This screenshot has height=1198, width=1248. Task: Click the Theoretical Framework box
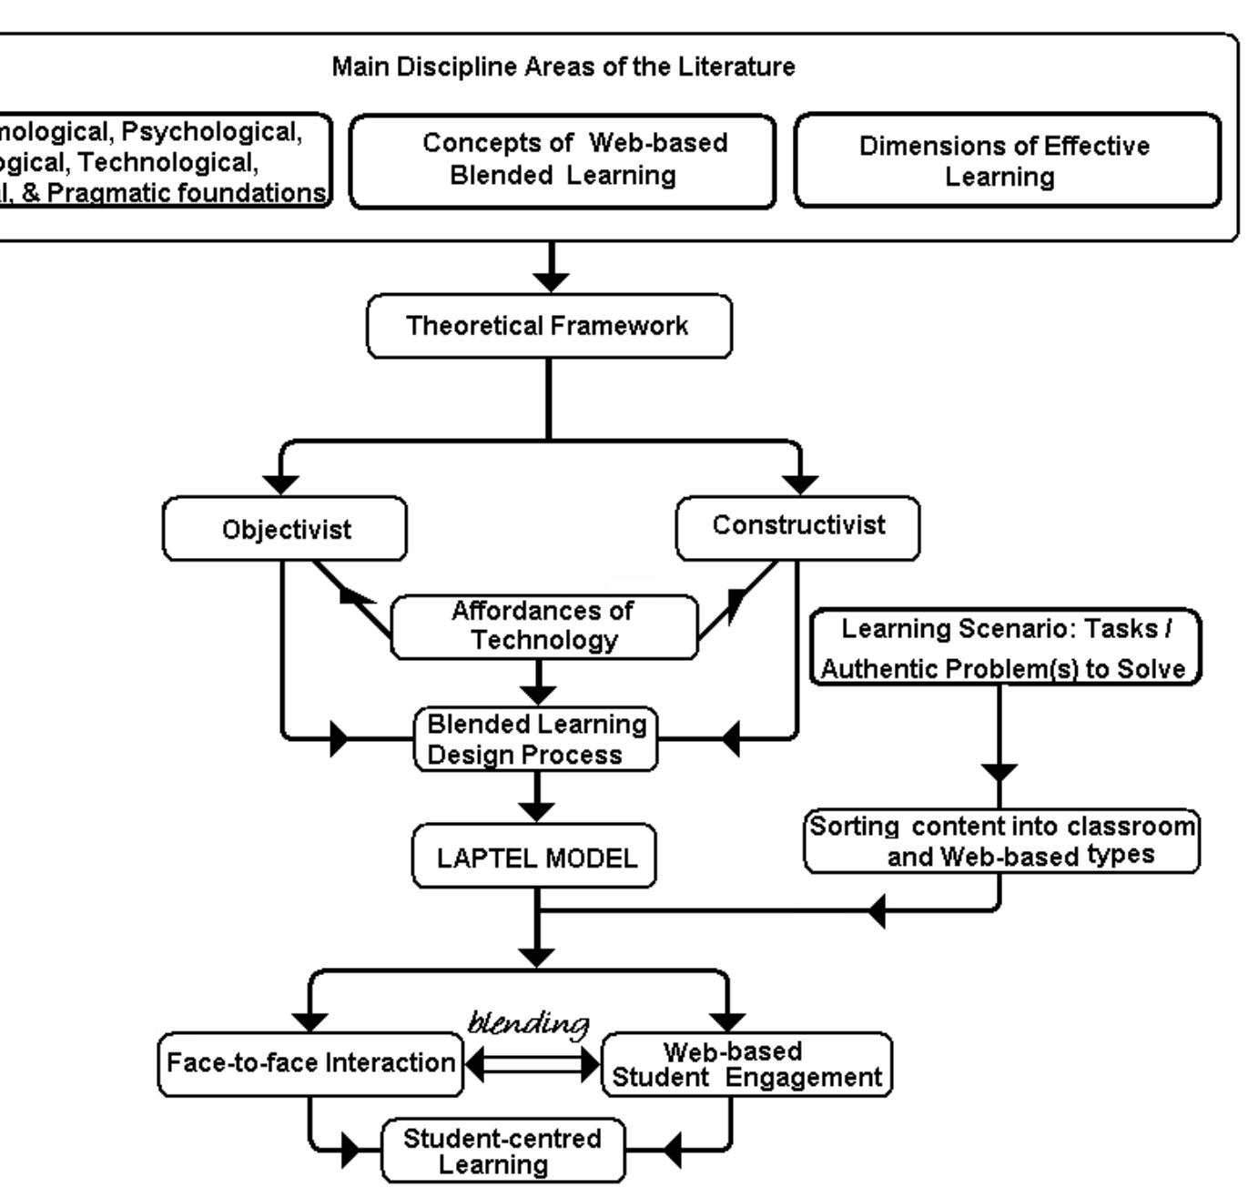tap(549, 326)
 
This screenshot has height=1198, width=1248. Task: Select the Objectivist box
tap(285, 529)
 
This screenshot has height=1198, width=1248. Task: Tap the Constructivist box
tap(797, 526)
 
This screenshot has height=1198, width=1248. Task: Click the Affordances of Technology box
tap(543, 625)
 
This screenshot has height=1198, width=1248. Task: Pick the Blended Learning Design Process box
tap(536, 739)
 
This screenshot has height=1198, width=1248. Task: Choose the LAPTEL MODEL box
tap(535, 858)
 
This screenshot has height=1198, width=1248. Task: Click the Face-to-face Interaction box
tap(310, 1063)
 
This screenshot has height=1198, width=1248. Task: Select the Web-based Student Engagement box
tap(746, 1064)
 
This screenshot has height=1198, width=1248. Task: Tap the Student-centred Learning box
tap(502, 1151)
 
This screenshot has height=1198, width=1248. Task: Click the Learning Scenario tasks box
tap(1005, 647)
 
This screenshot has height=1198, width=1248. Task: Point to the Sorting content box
tap(1001, 841)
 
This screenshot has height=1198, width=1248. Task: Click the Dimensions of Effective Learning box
tap(1006, 160)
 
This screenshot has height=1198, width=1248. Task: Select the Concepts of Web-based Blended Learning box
tap(563, 160)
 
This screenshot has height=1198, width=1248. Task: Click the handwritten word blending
tap(529, 1023)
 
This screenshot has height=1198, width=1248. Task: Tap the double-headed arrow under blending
tap(533, 1064)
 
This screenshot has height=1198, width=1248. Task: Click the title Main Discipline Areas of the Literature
tap(563, 66)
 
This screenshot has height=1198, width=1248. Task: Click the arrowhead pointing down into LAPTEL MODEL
tap(537, 809)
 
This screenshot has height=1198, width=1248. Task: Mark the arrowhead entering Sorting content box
tap(1000, 773)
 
